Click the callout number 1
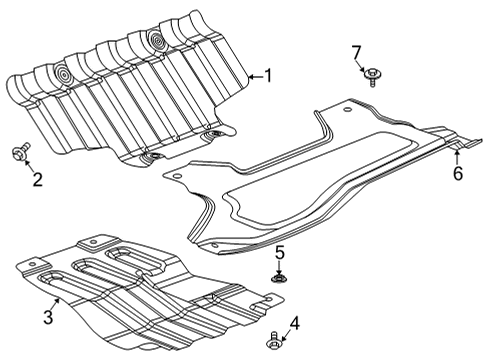click(267, 74)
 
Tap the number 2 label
click(37, 180)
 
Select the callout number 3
click(46, 318)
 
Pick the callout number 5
click(281, 252)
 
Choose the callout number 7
click(355, 50)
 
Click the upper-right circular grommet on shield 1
click(157, 40)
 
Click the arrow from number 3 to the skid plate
click(55, 303)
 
